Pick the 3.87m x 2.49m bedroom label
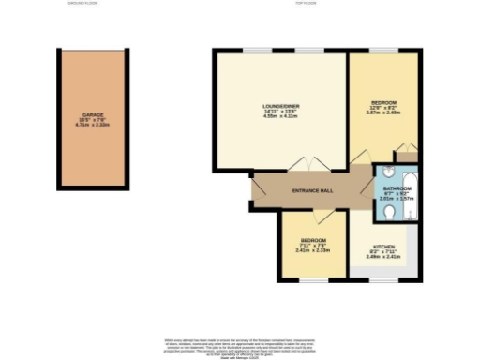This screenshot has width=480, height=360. pyautogui.click(x=383, y=107)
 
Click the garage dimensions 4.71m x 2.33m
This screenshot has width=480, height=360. pyautogui.click(x=91, y=125)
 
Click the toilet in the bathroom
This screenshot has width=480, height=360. pyautogui.click(x=389, y=215)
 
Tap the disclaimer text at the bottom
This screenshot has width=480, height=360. pyautogui.click(x=240, y=343)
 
